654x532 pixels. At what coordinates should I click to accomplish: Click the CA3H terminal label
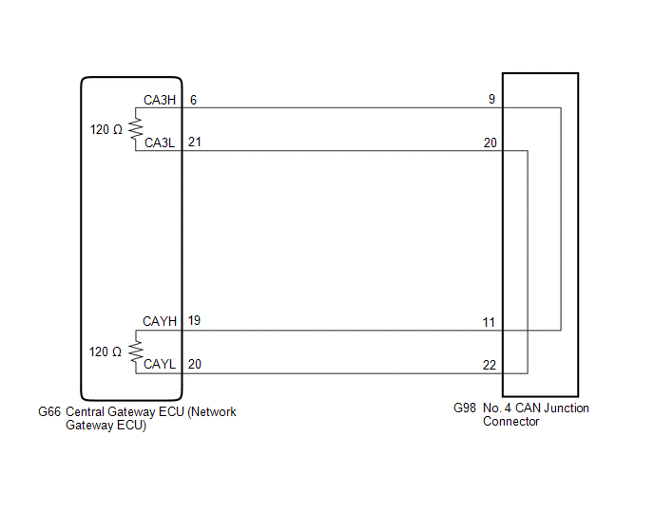coord(160,100)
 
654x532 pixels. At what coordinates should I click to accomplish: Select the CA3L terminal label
coord(160,142)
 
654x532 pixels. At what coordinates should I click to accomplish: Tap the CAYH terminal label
coord(160,322)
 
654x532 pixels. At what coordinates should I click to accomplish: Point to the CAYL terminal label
coord(160,364)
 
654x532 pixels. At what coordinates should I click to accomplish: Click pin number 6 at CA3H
coord(193,100)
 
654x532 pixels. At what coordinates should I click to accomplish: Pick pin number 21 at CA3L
coord(195,142)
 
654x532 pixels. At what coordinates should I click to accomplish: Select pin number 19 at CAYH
coord(195,322)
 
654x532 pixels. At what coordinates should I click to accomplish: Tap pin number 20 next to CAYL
coord(195,364)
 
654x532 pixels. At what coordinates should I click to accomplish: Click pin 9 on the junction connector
coord(490,99)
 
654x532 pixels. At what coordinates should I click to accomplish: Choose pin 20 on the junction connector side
coord(490,143)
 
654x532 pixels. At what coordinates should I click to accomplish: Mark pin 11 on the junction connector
coord(489,323)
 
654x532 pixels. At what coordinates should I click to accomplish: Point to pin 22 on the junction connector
coord(490,365)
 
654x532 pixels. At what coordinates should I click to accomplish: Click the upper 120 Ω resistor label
coord(106,129)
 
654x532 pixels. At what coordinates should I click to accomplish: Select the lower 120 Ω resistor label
coord(106,351)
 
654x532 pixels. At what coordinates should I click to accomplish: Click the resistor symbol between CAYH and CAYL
coord(136,351)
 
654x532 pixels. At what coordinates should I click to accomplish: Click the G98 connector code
coord(466,408)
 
